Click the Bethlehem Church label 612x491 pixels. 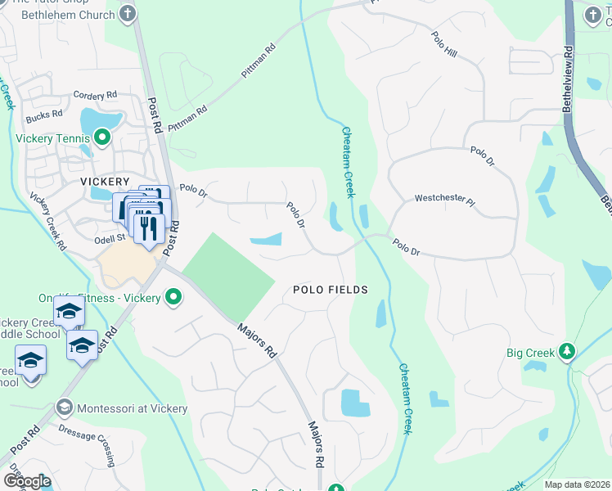click(67, 14)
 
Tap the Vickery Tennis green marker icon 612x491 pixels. click(101, 138)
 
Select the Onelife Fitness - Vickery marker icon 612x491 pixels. click(173, 298)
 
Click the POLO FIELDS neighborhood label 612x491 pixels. click(330, 290)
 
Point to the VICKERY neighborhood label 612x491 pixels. click(105, 181)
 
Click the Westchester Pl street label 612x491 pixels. click(444, 198)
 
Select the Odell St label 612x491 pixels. click(108, 237)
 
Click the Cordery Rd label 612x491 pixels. click(95, 96)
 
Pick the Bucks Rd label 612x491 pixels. click(44, 115)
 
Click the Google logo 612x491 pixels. click(27, 480)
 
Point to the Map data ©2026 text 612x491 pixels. click(577, 484)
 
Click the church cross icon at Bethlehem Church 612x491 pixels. click(127, 13)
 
